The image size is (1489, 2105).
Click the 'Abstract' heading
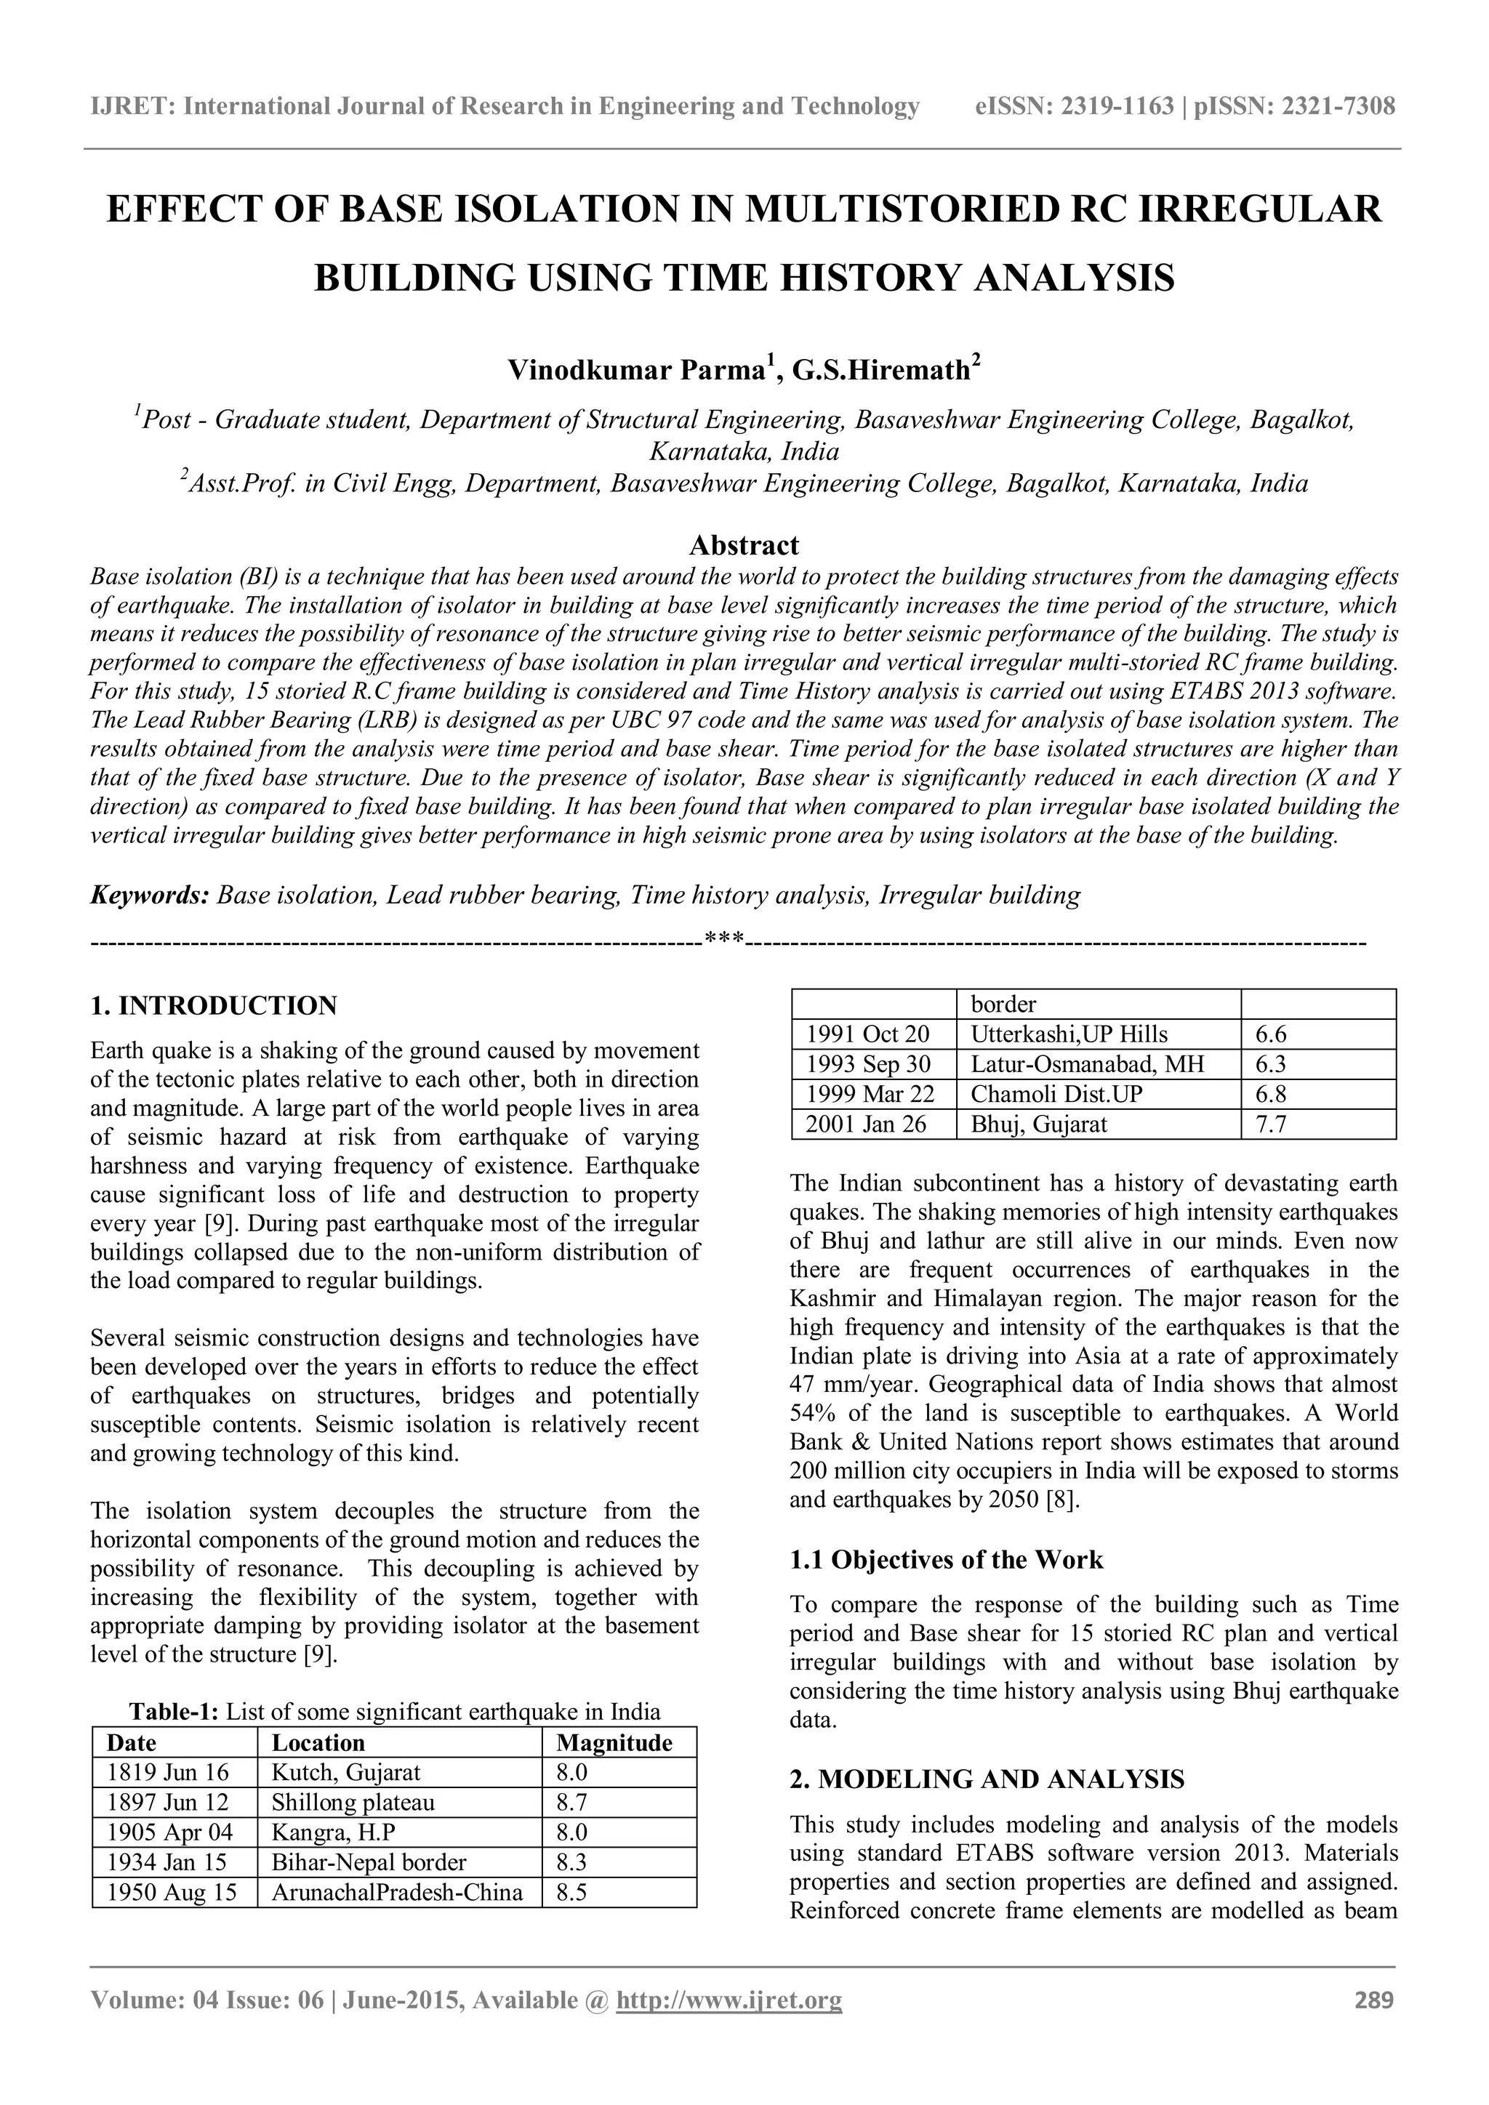tap(744, 545)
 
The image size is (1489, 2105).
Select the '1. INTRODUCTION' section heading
tap(214, 1006)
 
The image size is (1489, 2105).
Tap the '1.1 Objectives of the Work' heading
tap(946, 1560)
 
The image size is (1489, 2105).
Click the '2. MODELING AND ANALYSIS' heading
tap(987, 1779)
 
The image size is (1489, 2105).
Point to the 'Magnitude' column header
tap(614, 1743)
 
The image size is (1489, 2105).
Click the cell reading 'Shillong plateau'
tap(353, 1803)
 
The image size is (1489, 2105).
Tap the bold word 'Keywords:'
tap(150, 895)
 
